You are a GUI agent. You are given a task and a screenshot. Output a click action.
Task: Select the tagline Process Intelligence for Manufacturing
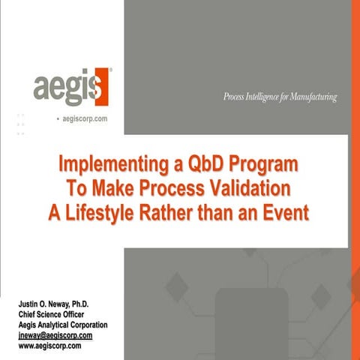coord(280,97)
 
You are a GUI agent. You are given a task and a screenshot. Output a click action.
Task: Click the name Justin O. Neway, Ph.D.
coord(58,304)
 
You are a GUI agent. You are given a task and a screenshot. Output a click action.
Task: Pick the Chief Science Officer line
coord(55,314)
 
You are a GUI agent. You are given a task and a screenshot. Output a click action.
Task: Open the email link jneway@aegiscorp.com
coord(60,335)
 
